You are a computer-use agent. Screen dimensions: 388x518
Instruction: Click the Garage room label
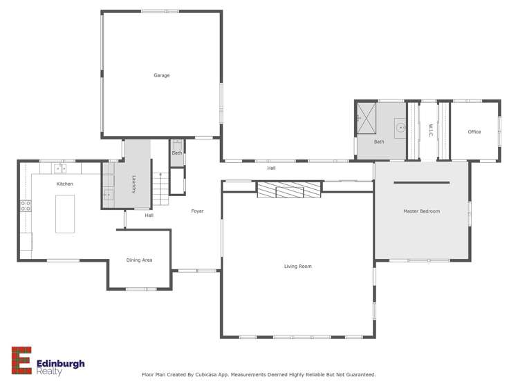click(x=161, y=75)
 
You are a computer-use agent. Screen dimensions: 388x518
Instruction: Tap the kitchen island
click(x=65, y=213)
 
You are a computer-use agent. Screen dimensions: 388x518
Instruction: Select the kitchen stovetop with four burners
click(x=26, y=205)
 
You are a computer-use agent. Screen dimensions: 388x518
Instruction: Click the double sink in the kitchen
click(x=60, y=168)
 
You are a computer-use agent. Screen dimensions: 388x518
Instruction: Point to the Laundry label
click(x=133, y=184)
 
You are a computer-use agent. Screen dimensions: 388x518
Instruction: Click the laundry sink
click(x=109, y=195)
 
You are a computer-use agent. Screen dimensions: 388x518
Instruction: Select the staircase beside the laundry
click(x=160, y=189)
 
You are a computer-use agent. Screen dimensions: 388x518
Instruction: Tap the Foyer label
click(x=197, y=211)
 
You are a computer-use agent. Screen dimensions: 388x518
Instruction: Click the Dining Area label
click(x=139, y=260)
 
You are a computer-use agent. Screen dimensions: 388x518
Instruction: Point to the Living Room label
click(x=297, y=266)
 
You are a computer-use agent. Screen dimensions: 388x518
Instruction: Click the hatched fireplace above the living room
click(x=289, y=189)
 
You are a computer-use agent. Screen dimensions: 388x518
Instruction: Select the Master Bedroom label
click(x=421, y=211)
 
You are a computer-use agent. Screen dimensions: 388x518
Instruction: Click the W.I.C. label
click(x=429, y=130)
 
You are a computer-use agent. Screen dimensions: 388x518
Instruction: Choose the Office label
click(x=474, y=132)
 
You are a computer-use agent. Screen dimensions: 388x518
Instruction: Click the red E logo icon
click(x=21, y=360)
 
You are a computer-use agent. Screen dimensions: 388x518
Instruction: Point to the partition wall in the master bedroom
click(x=421, y=183)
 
